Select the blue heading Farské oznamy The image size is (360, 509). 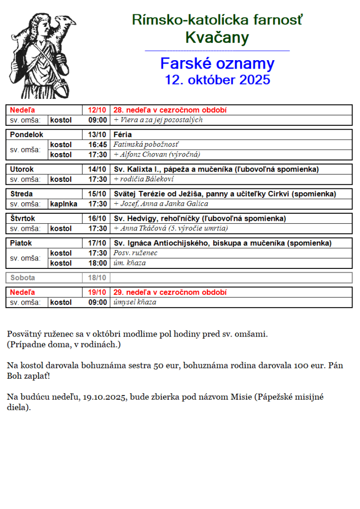[217, 64]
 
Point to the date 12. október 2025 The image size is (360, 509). [217, 80]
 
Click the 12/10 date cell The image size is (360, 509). [97, 110]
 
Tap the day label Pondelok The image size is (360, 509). [27, 134]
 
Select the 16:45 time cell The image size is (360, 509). [97, 144]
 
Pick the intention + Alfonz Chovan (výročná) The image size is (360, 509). [157, 154]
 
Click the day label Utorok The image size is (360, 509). [22, 169]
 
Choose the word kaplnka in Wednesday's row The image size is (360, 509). [64, 203]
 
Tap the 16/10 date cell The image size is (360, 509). [97, 218]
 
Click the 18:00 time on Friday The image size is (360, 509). [97, 263]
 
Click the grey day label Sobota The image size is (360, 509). [23, 278]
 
